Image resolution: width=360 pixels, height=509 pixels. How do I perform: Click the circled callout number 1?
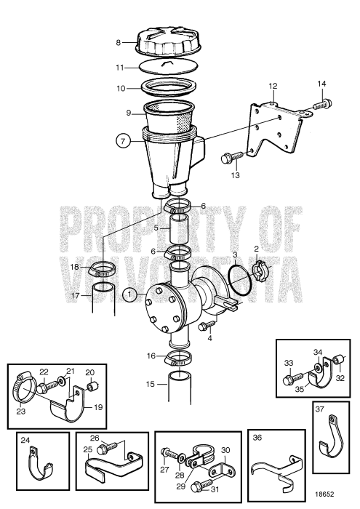[x=129, y=295]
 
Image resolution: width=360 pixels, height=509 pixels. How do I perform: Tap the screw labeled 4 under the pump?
[x=206, y=324]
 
